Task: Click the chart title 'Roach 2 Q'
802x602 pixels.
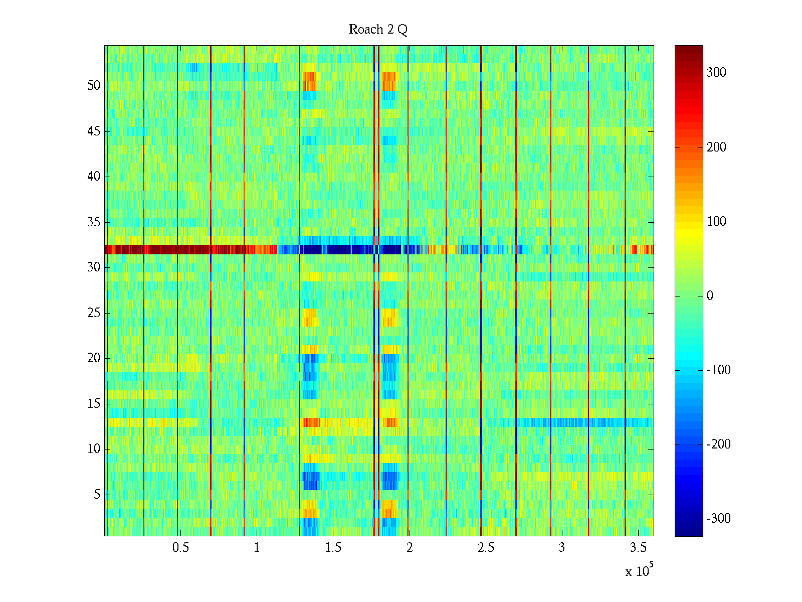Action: point(378,30)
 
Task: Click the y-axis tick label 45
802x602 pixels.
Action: point(94,131)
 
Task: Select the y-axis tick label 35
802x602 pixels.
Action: point(94,222)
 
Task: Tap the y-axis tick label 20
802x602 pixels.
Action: point(94,358)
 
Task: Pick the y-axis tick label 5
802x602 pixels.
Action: point(97,495)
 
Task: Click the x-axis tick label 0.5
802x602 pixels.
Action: point(180,548)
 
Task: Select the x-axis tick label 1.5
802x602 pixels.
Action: point(333,548)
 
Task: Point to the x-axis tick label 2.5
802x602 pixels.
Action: point(486,548)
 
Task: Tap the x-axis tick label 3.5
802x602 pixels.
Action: point(638,548)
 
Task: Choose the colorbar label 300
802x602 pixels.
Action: point(716,73)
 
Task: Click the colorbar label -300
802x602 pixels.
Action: point(718,519)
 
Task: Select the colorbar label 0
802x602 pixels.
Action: point(710,296)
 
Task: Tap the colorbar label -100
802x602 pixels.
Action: point(718,370)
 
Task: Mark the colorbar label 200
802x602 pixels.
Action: point(716,147)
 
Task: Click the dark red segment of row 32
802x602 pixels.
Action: point(175,249)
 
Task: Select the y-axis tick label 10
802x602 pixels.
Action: point(94,449)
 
